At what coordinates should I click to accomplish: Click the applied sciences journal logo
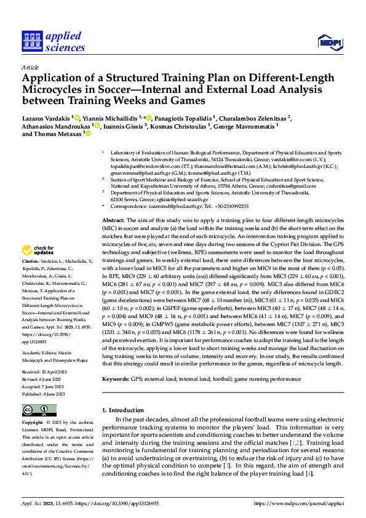(54, 42)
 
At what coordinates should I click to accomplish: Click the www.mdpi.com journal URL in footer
(302, 503)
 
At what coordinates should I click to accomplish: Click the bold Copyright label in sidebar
(33, 423)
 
